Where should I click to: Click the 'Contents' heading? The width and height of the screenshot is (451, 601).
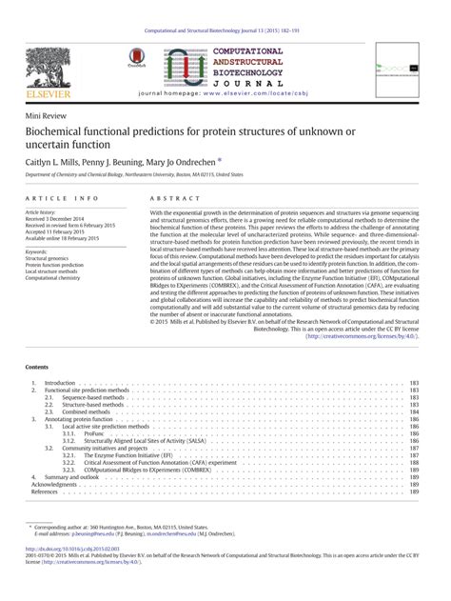37,366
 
